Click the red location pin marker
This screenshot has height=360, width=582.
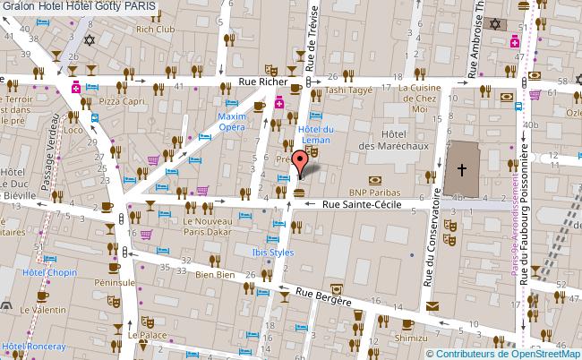[301, 161]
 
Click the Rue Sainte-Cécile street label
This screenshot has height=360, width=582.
[361, 205]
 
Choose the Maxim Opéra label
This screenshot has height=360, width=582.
[232, 122]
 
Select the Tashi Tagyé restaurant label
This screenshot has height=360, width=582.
[347, 90]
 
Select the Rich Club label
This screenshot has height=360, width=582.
[155, 29]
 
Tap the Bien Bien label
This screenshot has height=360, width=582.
[214, 277]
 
